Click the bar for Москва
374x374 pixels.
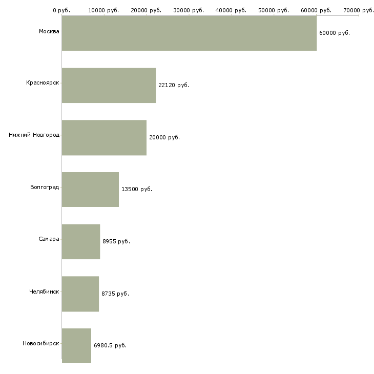pyautogui.click(x=189, y=33)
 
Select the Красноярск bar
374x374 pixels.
pyautogui.click(x=109, y=85)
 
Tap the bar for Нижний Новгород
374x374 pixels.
pyautogui.click(x=104, y=137)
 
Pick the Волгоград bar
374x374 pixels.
pyautogui.click(x=90, y=190)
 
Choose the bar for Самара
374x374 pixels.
pyautogui.click(x=81, y=241)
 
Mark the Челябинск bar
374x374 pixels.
pyautogui.click(x=80, y=294)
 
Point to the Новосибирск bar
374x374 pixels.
pyautogui.click(x=76, y=346)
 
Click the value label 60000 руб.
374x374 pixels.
pyautogui.click(x=334, y=33)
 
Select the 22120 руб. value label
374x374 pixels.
pyautogui.click(x=174, y=85)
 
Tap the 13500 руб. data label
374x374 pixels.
pyautogui.click(x=137, y=190)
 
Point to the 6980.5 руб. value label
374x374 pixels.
pyautogui.click(x=110, y=346)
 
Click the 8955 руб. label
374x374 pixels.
pyautogui.click(x=116, y=241)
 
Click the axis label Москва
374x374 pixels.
pyautogui.click(x=49, y=32)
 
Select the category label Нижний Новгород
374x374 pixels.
pyautogui.click(x=34, y=135)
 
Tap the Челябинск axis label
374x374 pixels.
pyautogui.click(x=44, y=292)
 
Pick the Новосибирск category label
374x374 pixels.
pyautogui.click(x=40, y=343)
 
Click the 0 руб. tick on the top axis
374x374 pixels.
pyautogui.click(x=61, y=10)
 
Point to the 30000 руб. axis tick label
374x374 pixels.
pyautogui.click(x=189, y=10)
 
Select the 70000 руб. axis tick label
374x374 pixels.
pyautogui.click(x=359, y=10)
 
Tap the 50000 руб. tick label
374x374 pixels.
pyautogui.click(x=274, y=10)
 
